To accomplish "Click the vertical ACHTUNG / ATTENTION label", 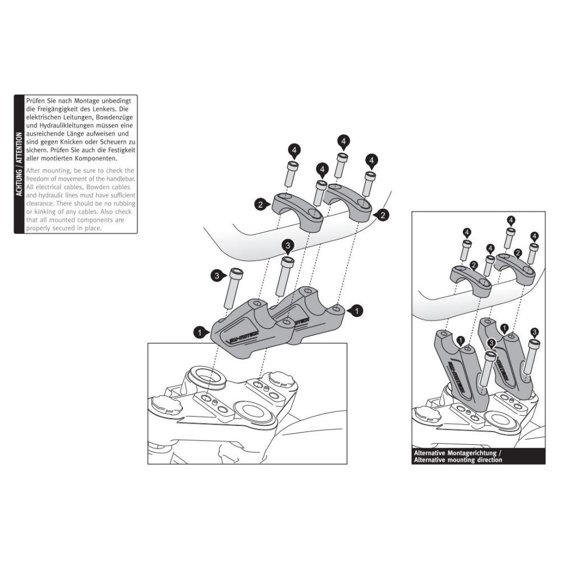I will [20, 164].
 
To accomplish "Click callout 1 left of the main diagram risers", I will [199, 333].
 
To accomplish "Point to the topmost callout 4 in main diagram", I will [343, 140].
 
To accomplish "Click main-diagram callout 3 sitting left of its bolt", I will [217, 275].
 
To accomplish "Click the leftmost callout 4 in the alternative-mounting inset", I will [467, 232].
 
